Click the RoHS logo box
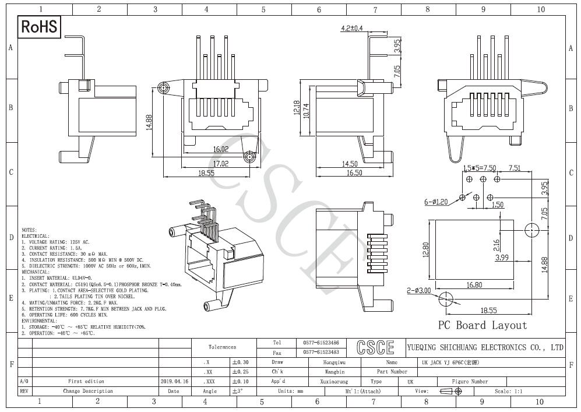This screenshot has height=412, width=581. coord(40,27)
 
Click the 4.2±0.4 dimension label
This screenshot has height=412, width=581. coord(351,28)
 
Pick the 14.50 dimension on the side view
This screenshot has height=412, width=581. coord(350,164)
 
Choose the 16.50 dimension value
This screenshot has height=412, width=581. coord(350,173)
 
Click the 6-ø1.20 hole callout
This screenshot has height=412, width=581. coord(435,202)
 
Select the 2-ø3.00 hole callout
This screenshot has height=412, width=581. coord(418,290)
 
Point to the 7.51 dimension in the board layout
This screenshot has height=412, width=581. coord(515,168)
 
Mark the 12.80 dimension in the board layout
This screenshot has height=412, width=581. coord(425,249)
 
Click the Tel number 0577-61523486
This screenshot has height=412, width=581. coord(321,343)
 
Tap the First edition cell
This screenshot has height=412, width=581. coord(86,381)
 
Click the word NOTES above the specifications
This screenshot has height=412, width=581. coord(29,230)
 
